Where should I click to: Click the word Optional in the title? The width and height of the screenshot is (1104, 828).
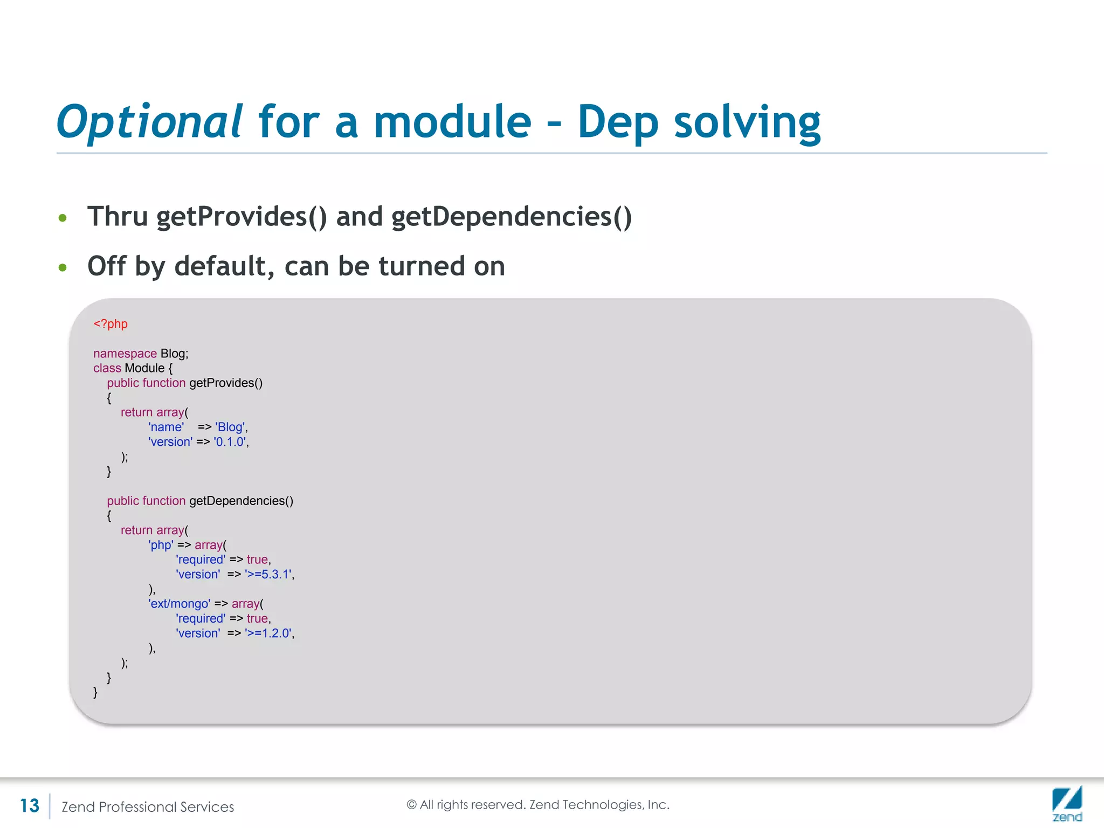click(x=150, y=122)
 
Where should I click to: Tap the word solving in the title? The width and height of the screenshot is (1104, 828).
click(x=747, y=122)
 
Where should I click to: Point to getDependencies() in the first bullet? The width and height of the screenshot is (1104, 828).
click(x=511, y=217)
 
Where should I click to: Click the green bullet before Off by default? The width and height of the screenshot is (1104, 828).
click(x=63, y=267)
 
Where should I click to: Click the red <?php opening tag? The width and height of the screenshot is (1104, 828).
click(x=111, y=324)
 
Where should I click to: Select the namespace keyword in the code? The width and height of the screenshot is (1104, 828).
click(x=125, y=354)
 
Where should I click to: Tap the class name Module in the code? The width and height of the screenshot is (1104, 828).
click(x=144, y=368)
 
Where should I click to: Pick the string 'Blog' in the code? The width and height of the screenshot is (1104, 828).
click(x=230, y=427)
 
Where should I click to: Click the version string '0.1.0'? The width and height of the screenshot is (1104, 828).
click(x=230, y=442)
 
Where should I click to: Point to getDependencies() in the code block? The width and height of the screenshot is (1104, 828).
click(x=241, y=501)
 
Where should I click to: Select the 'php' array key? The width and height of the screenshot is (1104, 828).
click(x=161, y=545)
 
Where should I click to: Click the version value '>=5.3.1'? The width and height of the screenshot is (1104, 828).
click(x=268, y=575)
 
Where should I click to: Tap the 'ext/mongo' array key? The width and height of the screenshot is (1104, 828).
click(x=179, y=604)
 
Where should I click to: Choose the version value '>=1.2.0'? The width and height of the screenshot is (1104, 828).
click(x=268, y=633)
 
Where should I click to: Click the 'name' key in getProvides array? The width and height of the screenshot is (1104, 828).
click(x=166, y=427)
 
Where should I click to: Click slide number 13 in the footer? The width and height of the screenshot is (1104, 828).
click(x=30, y=806)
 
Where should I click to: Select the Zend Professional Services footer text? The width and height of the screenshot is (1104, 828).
click(x=148, y=807)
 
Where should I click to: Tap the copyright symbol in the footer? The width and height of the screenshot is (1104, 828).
click(x=411, y=805)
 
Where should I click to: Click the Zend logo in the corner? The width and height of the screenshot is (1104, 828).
click(x=1067, y=803)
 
